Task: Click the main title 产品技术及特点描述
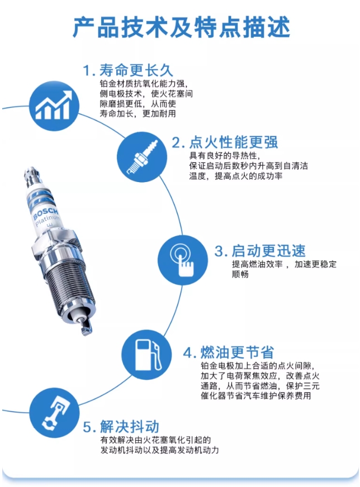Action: (181, 27)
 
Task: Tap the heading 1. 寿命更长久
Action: (128, 70)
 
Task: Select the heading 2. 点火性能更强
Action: (225, 142)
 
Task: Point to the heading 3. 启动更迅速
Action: (260, 250)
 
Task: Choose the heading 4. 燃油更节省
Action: (229, 352)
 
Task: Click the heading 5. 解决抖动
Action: (121, 426)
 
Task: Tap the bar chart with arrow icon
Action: (54, 106)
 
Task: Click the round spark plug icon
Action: (142, 157)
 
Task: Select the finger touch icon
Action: (182, 260)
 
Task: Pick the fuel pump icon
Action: (146, 355)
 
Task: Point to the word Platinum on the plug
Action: (48, 220)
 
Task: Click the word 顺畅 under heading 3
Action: (240, 274)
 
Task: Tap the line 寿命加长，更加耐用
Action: (138, 113)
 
